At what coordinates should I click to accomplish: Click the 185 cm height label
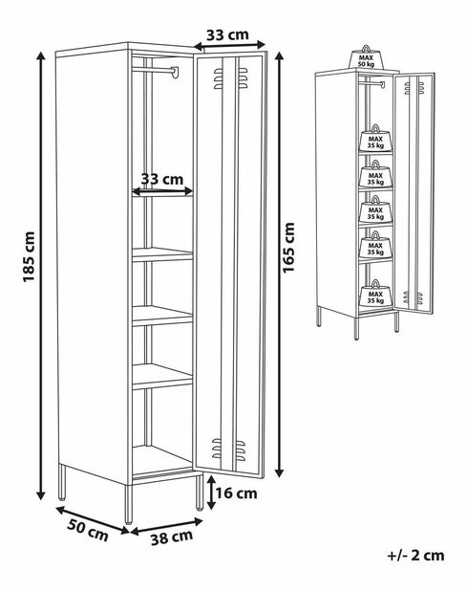point(29,256)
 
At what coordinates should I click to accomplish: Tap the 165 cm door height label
point(289,248)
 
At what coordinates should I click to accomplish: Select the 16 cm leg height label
point(236,493)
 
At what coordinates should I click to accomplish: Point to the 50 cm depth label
point(88,530)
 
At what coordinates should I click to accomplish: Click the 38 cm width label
point(172,537)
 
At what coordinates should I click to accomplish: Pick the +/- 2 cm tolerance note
point(415,556)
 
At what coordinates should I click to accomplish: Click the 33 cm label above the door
point(227,34)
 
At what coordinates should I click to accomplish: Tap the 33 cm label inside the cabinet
point(162,179)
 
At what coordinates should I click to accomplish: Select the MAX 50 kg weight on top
point(366,57)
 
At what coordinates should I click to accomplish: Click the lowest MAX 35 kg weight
point(375,294)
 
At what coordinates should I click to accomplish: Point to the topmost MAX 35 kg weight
point(375,138)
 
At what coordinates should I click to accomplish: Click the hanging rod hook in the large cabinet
point(175,72)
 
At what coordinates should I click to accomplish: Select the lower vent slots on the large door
point(228,449)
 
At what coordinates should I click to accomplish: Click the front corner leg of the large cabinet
point(129,504)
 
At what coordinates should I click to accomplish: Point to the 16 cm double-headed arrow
point(211,493)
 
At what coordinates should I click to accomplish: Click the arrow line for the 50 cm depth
point(93,520)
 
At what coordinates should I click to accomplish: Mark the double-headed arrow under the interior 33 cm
point(162,191)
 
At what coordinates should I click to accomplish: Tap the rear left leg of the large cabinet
point(62,482)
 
